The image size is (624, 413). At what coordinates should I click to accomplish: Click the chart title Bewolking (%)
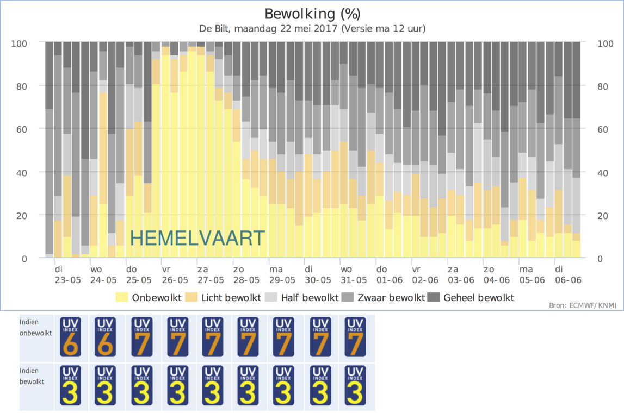pyautogui.click(x=312, y=14)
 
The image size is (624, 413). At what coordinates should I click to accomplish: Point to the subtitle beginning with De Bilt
pyautogui.click(x=312, y=28)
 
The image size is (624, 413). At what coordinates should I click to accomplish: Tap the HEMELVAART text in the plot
pyautogui.click(x=197, y=238)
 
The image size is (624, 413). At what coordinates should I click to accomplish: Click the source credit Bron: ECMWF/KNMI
pyautogui.click(x=583, y=306)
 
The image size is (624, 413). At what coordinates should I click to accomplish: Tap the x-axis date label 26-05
pyautogui.click(x=175, y=280)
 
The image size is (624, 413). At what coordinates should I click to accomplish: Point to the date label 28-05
pyautogui.click(x=246, y=280)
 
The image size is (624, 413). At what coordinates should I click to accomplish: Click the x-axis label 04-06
pyautogui.click(x=496, y=280)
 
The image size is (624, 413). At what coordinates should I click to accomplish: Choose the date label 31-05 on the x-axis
pyautogui.click(x=354, y=280)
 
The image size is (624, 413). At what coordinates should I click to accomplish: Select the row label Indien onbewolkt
pyautogui.click(x=36, y=328)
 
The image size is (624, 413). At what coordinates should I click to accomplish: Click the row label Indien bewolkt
pyautogui.click(x=32, y=377)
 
